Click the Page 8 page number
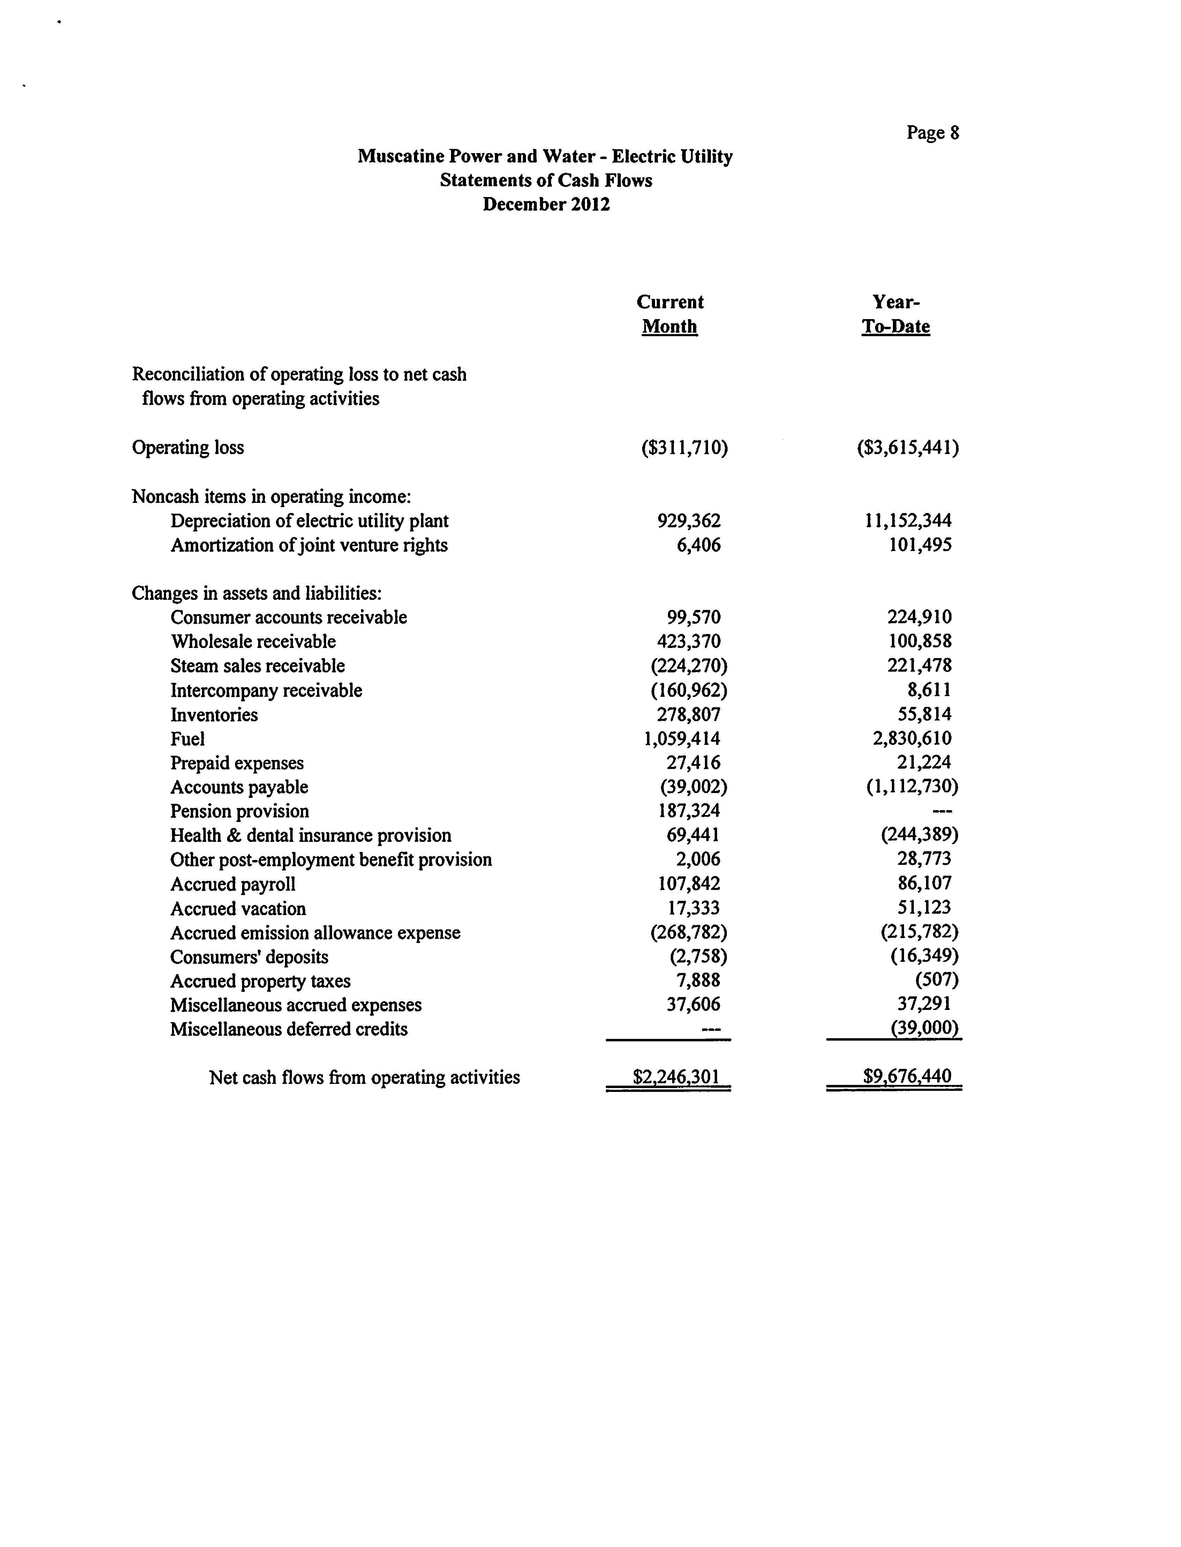click(932, 133)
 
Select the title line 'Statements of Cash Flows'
click(546, 181)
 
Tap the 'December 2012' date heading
click(546, 204)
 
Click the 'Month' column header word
click(669, 327)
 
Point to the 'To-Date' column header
click(896, 327)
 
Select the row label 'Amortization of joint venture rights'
click(309, 545)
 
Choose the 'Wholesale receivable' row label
click(253, 642)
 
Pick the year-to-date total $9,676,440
click(907, 1077)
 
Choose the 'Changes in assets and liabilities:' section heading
click(257, 594)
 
